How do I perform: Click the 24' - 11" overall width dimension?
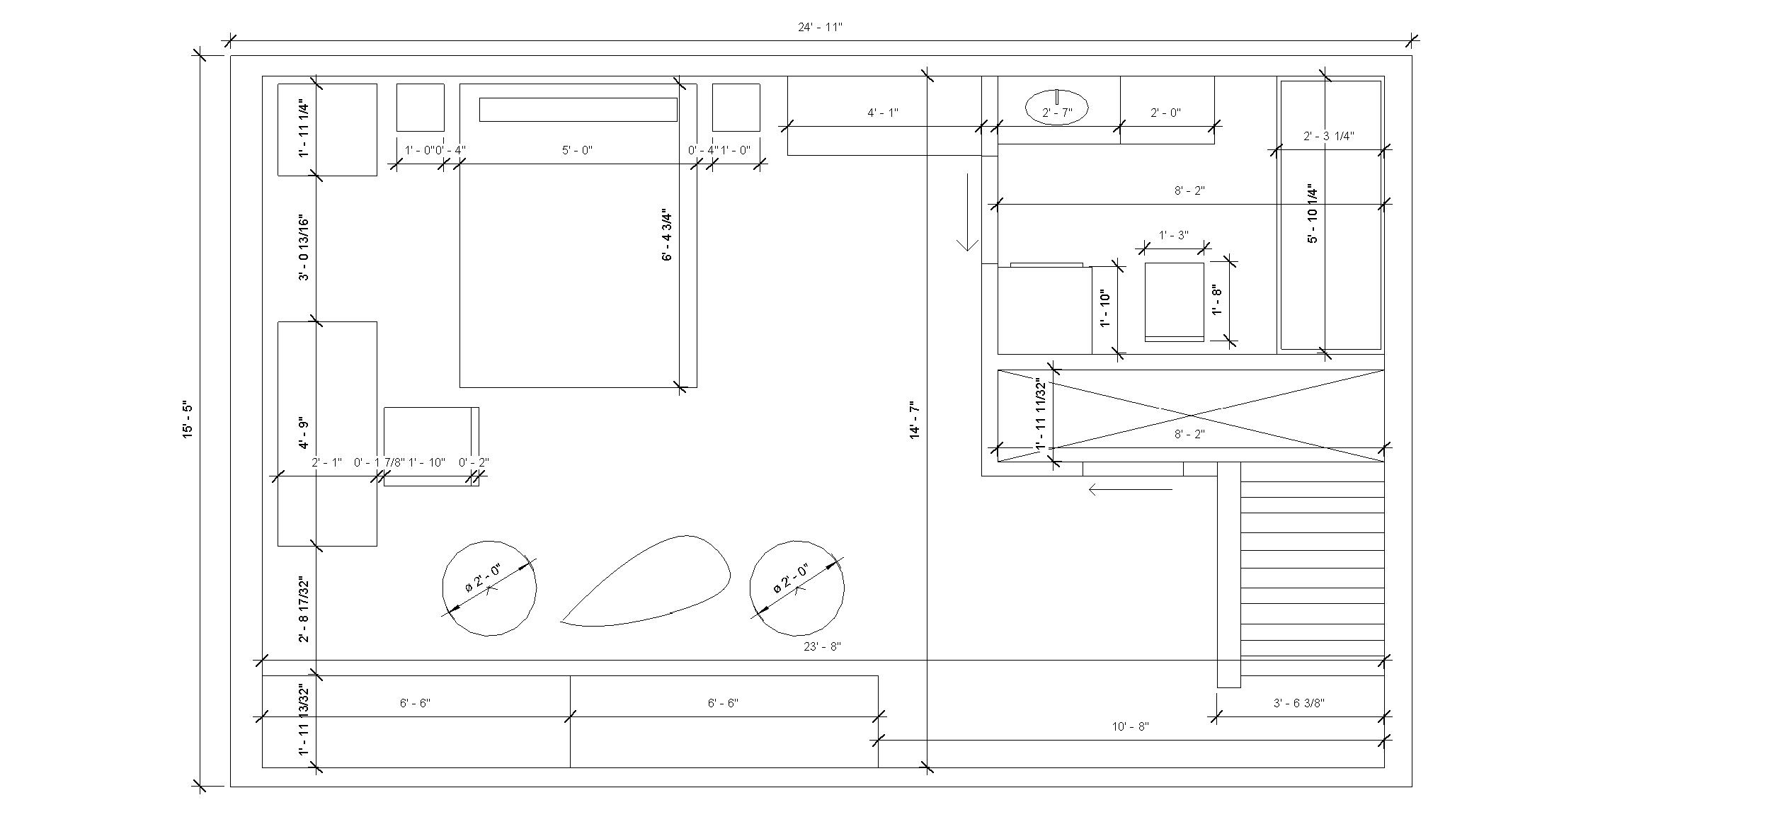click(820, 28)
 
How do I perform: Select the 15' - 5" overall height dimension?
click(188, 420)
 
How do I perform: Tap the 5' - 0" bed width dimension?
click(577, 150)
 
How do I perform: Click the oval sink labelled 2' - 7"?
click(1056, 108)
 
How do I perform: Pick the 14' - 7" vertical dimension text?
click(915, 420)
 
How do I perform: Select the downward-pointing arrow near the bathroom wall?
click(967, 212)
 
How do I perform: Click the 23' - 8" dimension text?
click(822, 646)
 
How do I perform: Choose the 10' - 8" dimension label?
click(1130, 726)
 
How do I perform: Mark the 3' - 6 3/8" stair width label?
click(1299, 703)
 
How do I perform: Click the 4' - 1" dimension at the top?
click(883, 113)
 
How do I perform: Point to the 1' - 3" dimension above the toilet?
click(1173, 235)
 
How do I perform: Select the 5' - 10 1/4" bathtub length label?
click(1313, 214)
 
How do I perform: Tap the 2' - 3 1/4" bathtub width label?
click(1329, 136)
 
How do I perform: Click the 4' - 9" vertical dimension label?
click(304, 433)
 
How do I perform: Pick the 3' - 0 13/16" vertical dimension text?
click(304, 247)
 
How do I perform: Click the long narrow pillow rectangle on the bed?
click(578, 110)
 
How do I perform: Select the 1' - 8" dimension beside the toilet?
click(1218, 300)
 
